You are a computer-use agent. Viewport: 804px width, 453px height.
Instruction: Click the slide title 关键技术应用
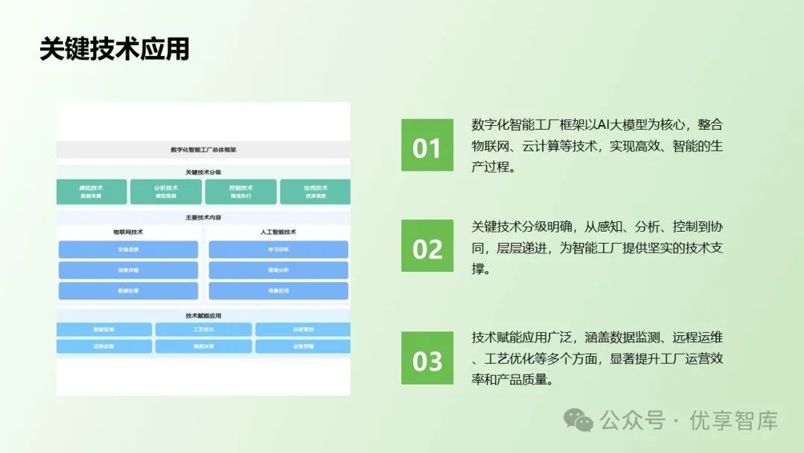(114, 49)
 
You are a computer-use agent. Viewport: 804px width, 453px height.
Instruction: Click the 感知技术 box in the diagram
(92, 191)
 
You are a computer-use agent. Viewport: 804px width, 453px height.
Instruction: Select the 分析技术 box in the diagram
(166, 191)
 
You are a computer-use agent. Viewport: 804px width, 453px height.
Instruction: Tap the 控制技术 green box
(241, 191)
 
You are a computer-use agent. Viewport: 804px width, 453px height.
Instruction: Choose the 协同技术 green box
(315, 191)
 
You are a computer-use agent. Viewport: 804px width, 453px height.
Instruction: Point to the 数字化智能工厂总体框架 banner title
(203, 150)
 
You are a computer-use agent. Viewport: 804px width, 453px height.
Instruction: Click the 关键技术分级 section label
(203, 172)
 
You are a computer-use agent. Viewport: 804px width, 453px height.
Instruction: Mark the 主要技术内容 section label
(203, 218)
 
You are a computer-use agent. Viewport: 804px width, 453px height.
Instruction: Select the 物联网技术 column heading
(128, 232)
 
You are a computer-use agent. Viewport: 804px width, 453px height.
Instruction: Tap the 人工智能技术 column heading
(278, 232)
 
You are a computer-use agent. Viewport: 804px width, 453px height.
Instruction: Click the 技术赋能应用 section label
(203, 316)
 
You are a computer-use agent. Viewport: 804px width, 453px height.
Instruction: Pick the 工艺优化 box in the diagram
(203, 329)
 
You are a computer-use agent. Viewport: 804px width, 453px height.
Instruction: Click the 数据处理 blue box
(128, 291)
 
